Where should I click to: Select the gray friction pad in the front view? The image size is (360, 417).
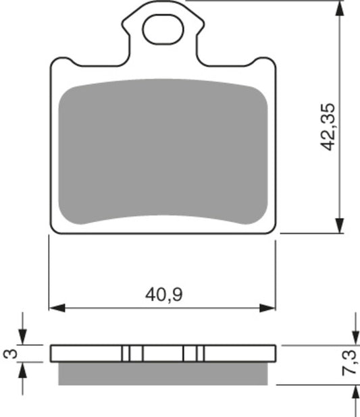[162, 152]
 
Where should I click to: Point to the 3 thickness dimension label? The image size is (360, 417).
[9, 353]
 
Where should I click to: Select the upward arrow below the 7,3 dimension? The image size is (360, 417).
[355, 393]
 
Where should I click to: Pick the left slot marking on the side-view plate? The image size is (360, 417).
[132, 353]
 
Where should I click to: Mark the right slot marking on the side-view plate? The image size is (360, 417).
[193, 353]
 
